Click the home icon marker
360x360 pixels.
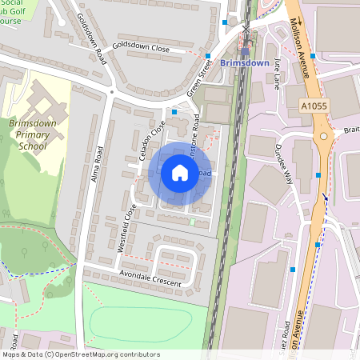pos(180,173)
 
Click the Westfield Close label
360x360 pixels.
pos(126,228)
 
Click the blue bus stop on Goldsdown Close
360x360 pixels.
pos(208,56)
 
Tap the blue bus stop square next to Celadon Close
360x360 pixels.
pos(174,113)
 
